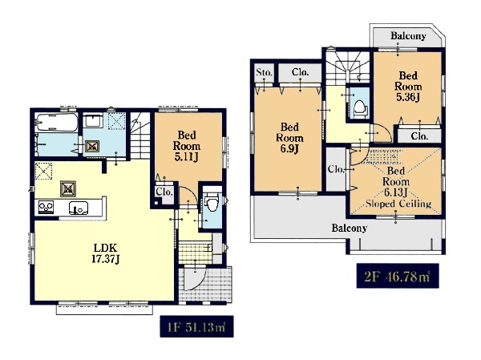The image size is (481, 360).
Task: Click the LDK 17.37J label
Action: point(106,253)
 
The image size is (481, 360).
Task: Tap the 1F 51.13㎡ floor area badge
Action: point(196,326)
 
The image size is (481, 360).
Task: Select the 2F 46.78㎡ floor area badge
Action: point(398,276)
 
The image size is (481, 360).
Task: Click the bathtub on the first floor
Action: point(56,122)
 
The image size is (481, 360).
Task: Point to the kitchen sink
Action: point(79,208)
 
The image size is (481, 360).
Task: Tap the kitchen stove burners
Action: point(46,207)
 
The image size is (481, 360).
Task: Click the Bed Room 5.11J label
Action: point(187,146)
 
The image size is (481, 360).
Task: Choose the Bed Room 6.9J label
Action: point(289,138)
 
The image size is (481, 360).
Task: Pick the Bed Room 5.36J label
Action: point(408,87)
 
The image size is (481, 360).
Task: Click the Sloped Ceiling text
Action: point(398,204)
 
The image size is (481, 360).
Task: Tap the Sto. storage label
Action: point(264,72)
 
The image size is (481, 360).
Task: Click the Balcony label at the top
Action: point(408,36)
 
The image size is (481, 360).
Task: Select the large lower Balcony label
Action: point(349,228)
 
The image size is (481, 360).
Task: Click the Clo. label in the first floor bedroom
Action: point(164,192)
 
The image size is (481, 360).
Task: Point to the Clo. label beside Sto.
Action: point(301,72)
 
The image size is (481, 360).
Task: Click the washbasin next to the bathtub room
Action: point(93,120)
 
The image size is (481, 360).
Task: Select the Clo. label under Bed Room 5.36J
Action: point(419,136)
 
